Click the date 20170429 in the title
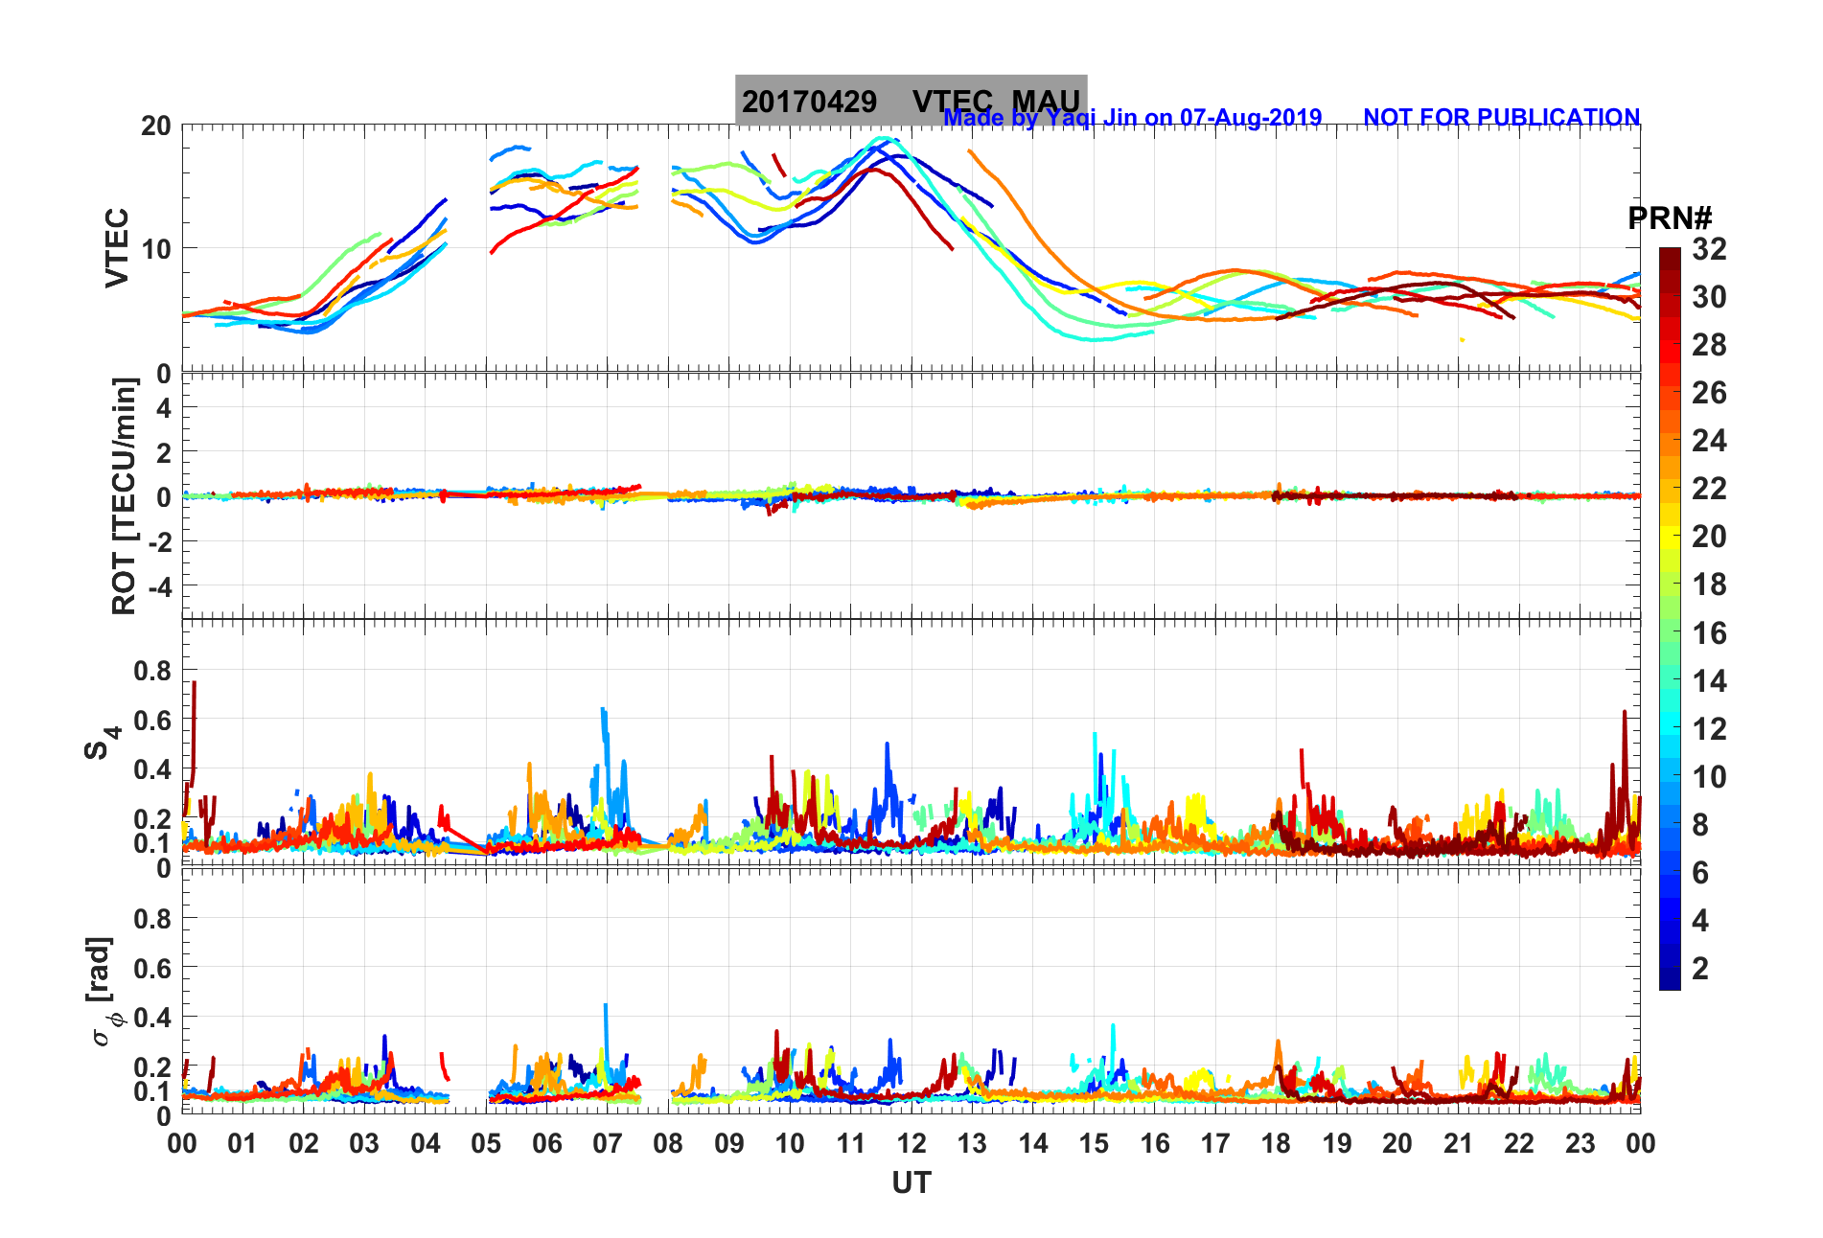(809, 102)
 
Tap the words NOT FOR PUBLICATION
(1501, 117)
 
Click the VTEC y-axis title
(117, 247)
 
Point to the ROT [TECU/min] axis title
(125, 495)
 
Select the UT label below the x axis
(911, 1183)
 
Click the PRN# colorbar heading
(1670, 218)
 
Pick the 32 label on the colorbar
(1709, 249)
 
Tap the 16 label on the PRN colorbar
(1709, 632)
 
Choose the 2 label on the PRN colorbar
(1700, 968)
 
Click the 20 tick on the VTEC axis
(156, 126)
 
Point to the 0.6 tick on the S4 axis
(152, 721)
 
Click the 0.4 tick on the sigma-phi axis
(152, 1017)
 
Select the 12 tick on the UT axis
(911, 1143)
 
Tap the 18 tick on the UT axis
(1276, 1143)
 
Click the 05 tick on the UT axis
(486, 1143)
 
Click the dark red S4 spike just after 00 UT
(195, 685)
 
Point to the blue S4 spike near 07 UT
(603, 712)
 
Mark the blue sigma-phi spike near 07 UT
(605, 1007)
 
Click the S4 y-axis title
(103, 742)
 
